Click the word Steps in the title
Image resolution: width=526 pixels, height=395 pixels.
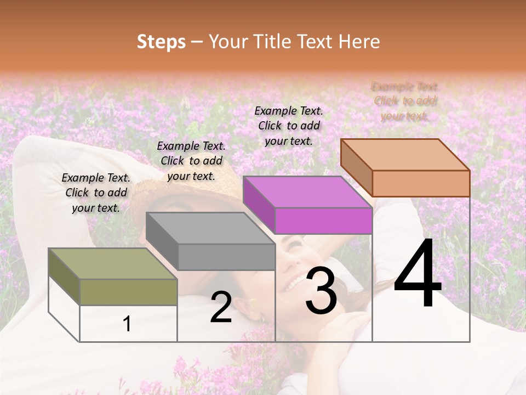pos(161,42)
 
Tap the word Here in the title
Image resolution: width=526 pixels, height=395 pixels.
pos(359,42)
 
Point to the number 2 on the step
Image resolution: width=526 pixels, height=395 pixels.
pos(221,307)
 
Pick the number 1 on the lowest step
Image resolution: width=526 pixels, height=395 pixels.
pos(127,324)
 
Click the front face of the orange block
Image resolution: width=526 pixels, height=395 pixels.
pos(421,183)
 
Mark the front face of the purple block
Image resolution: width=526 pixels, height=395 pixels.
pos(323,221)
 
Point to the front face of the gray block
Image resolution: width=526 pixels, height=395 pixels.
pos(226,257)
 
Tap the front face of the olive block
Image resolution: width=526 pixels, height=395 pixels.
pos(129,292)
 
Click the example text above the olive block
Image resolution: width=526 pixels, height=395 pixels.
pos(96,193)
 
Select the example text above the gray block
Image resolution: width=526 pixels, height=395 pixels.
pos(191,161)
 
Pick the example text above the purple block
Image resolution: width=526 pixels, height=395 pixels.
pos(289,126)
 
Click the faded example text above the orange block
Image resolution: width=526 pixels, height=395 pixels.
pos(405,101)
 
